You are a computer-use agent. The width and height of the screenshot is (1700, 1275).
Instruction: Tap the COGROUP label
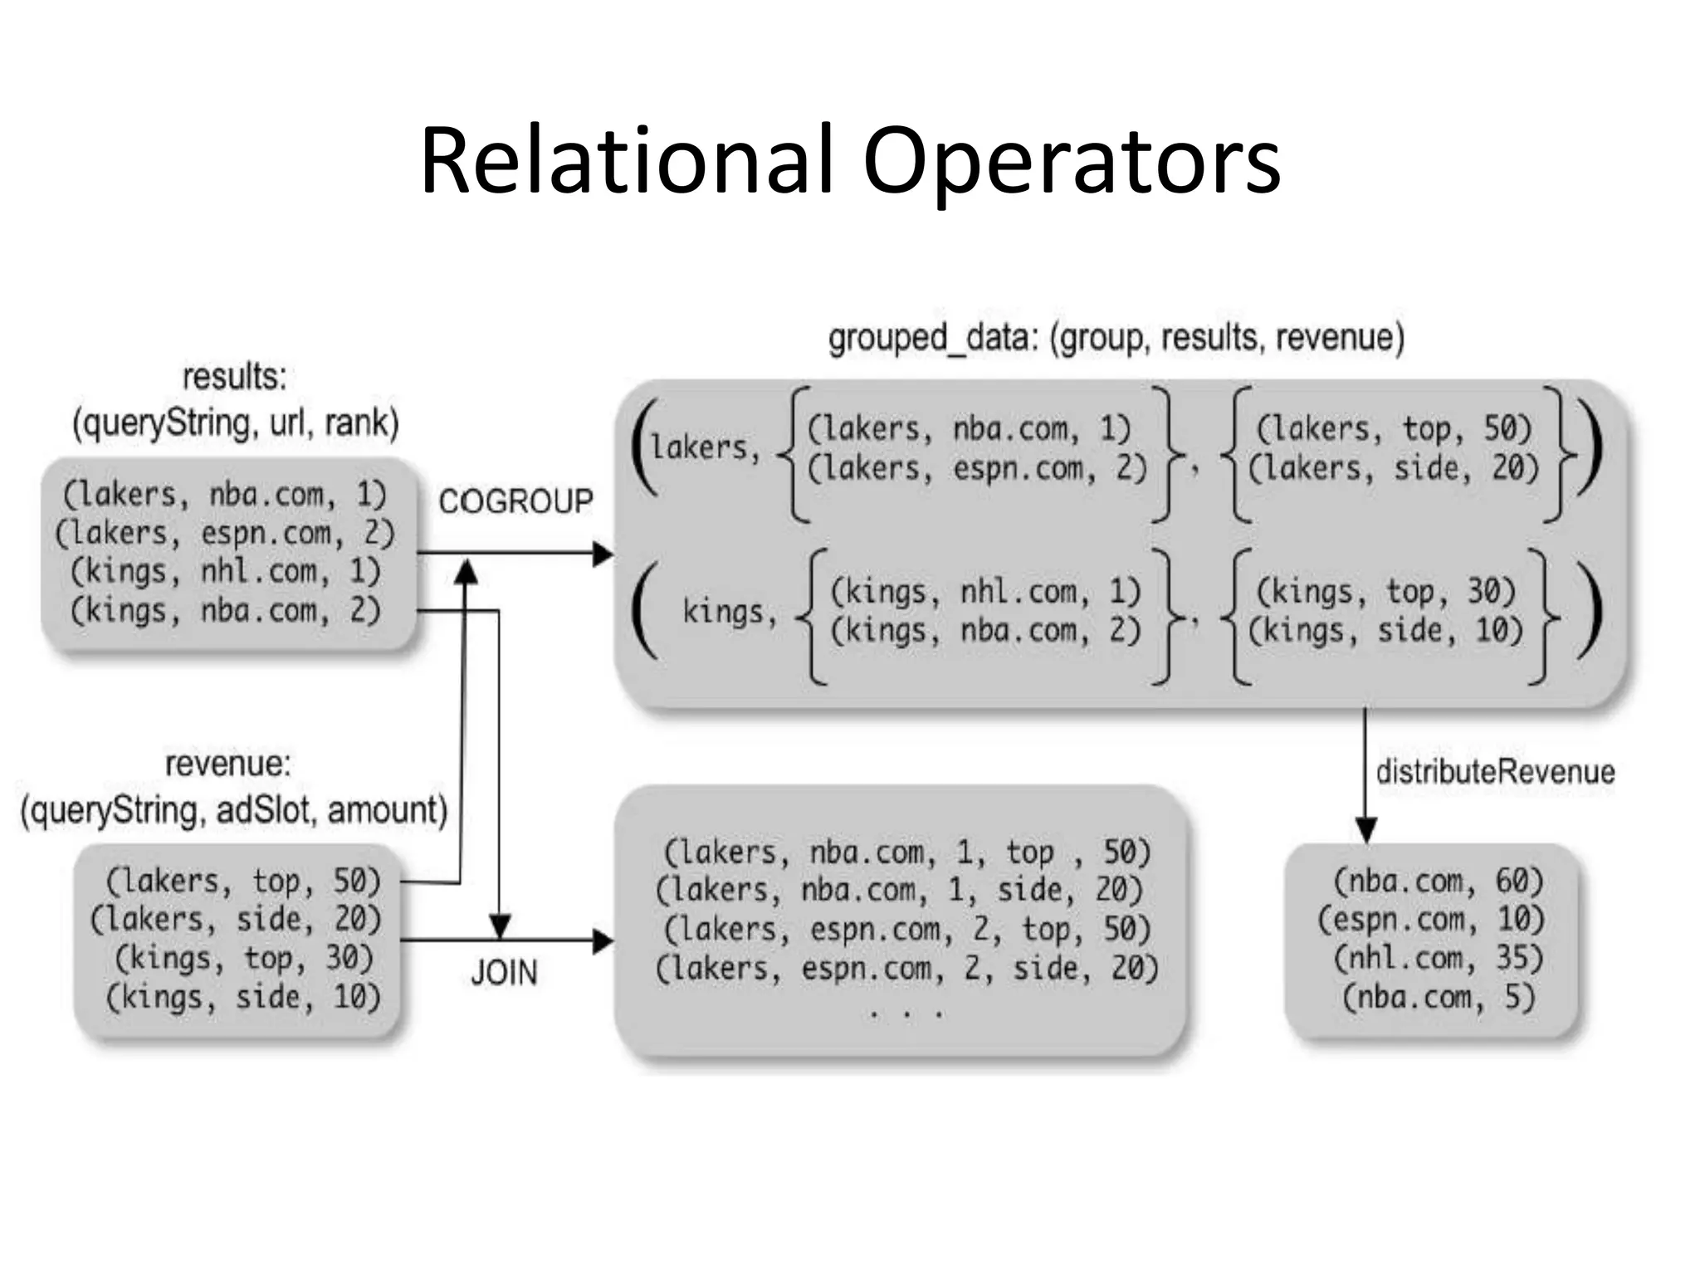(515, 501)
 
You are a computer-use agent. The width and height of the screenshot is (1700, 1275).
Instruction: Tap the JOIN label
(504, 972)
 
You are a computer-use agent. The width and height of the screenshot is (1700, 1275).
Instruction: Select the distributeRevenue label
(1495, 772)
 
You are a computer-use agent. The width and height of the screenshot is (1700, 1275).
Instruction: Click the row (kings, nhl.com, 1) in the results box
(225, 571)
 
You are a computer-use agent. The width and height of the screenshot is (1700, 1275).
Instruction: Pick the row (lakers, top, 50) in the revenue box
(243, 881)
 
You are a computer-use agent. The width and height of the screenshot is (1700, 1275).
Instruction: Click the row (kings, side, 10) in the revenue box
(243, 997)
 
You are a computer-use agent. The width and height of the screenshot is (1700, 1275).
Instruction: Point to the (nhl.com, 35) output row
(1437, 958)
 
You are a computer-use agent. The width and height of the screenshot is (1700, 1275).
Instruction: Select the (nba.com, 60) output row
(1437, 881)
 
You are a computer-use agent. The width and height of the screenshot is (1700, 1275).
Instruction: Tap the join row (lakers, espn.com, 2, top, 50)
(906, 930)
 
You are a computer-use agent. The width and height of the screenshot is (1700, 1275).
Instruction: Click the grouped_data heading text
(1116, 338)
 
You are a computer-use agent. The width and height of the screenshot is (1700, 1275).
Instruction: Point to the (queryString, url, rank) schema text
(236, 423)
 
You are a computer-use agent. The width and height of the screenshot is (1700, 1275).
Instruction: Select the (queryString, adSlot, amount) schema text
(234, 810)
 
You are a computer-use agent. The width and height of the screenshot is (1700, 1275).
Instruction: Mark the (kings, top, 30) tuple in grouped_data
(1385, 592)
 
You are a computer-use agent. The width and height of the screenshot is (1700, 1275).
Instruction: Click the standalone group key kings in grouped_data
(729, 612)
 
